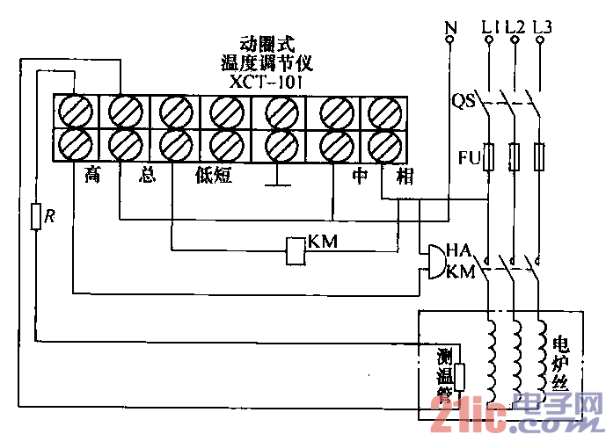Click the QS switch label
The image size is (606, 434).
tap(464, 102)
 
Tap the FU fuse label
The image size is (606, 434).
tap(470, 158)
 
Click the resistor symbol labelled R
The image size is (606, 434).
tap(35, 216)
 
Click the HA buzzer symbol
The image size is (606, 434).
tap(434, 261)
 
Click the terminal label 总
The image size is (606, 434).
tap(147, 176)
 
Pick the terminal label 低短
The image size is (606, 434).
tap(213, 176)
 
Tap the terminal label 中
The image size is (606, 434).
tap(360, 176)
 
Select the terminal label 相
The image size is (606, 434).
tap(405, 176)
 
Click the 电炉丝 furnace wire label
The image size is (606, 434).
tap(560, 361)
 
